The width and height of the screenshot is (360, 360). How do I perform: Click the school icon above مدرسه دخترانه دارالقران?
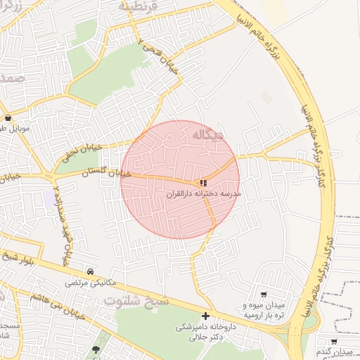coord(204,183)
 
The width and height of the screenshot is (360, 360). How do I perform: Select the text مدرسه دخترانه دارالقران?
coord(204,193)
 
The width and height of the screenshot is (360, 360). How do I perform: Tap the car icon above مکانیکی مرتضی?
coord(91,271)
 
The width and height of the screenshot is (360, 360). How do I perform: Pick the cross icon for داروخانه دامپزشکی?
coord(205,316)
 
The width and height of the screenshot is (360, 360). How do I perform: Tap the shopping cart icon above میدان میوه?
coord(264,295)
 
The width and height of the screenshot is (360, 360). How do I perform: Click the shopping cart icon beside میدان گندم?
coord(334,341)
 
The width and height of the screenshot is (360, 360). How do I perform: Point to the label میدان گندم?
coord(337,351)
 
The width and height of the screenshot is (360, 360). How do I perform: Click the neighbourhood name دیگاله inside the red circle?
coord(209,133)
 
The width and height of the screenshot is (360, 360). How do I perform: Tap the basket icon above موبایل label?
coord(8,117)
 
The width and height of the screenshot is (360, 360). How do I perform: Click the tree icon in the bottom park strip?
coord(96,349)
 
